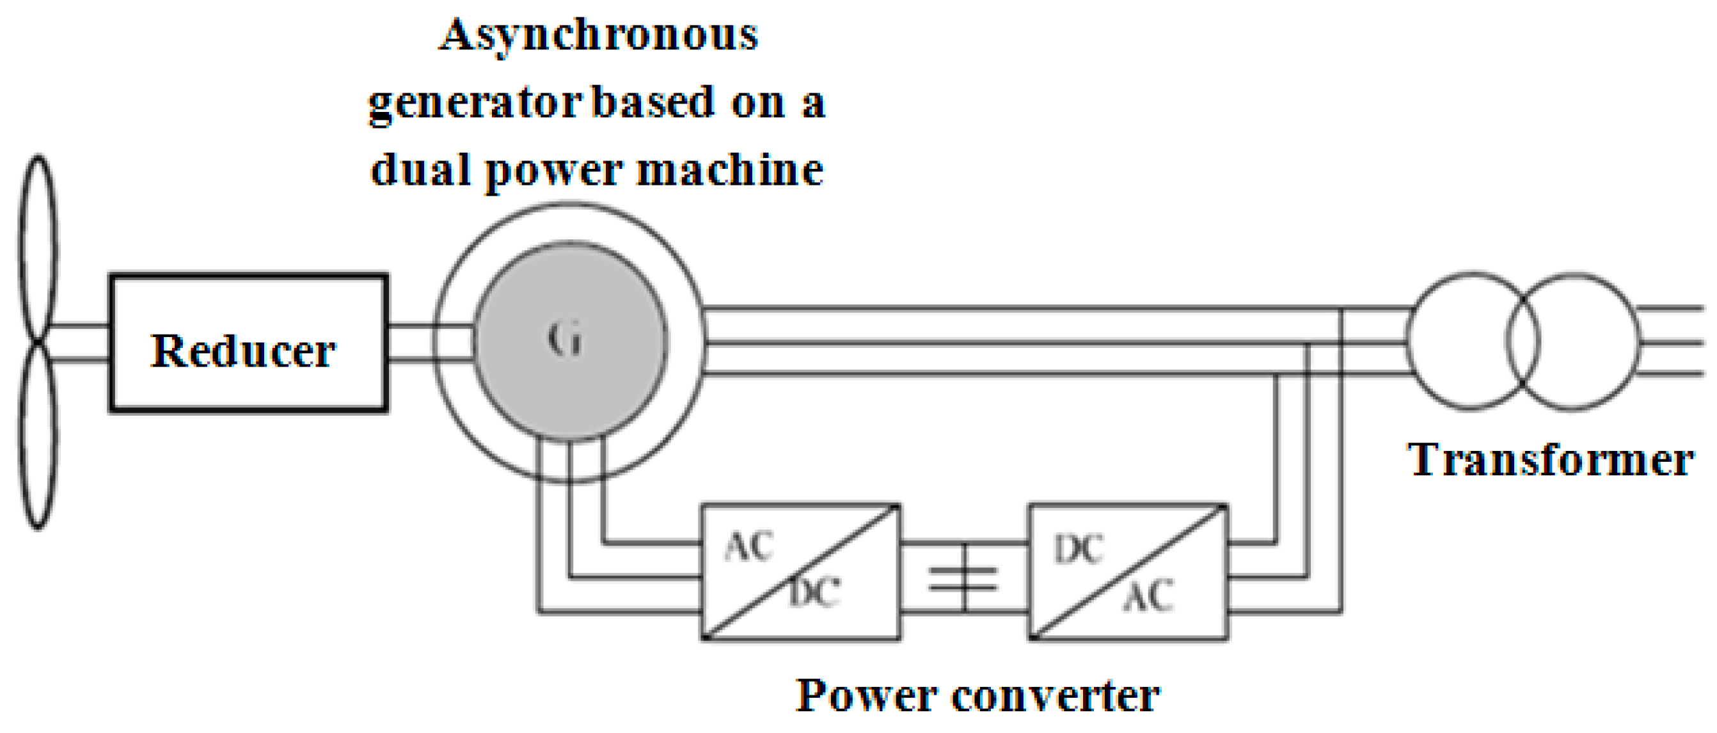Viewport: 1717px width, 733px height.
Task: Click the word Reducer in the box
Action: click(x=243, y=351)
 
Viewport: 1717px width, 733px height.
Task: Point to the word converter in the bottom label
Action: click(x=1056, y=697)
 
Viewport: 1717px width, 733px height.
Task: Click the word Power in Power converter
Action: click(x=868, y=697)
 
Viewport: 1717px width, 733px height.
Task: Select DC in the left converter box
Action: click(x=814, y=592)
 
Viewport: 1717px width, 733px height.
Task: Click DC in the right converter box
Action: click(x=1079, y=550)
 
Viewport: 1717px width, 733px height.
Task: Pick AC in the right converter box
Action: click(x=1148, y=595)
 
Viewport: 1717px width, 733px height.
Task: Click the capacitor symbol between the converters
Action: click(x=963, y=578)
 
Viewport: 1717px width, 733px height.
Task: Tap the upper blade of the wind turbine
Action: click(x=38, y=246)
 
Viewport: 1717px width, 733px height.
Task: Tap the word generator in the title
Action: click(x=475, y=103)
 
